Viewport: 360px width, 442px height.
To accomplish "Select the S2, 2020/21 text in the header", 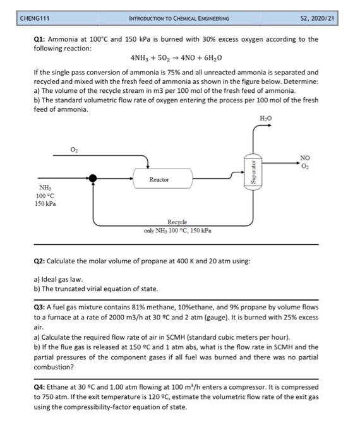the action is click(317, 18).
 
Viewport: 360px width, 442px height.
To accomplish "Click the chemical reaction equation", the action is click(176, 58).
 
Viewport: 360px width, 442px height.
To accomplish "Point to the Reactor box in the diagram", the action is click(163, 178).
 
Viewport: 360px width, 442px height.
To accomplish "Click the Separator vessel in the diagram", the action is click(253, 172).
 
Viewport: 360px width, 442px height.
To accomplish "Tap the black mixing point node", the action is click(93, 178).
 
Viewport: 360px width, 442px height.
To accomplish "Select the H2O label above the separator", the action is click(265, 119).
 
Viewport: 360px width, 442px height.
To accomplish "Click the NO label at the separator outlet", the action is click(305, 158).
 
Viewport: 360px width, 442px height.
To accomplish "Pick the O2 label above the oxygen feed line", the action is click(74, 149).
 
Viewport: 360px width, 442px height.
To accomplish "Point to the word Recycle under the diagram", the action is click(177, 222).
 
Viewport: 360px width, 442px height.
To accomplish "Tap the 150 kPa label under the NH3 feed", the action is click(45, 203).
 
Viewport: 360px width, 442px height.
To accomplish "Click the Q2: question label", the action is click(39, 261).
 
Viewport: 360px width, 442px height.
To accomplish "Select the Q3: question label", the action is click(39, 307).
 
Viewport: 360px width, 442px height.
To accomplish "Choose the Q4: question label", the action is click(39, 387).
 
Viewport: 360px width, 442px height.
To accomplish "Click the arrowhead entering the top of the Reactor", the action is click(147, 167).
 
